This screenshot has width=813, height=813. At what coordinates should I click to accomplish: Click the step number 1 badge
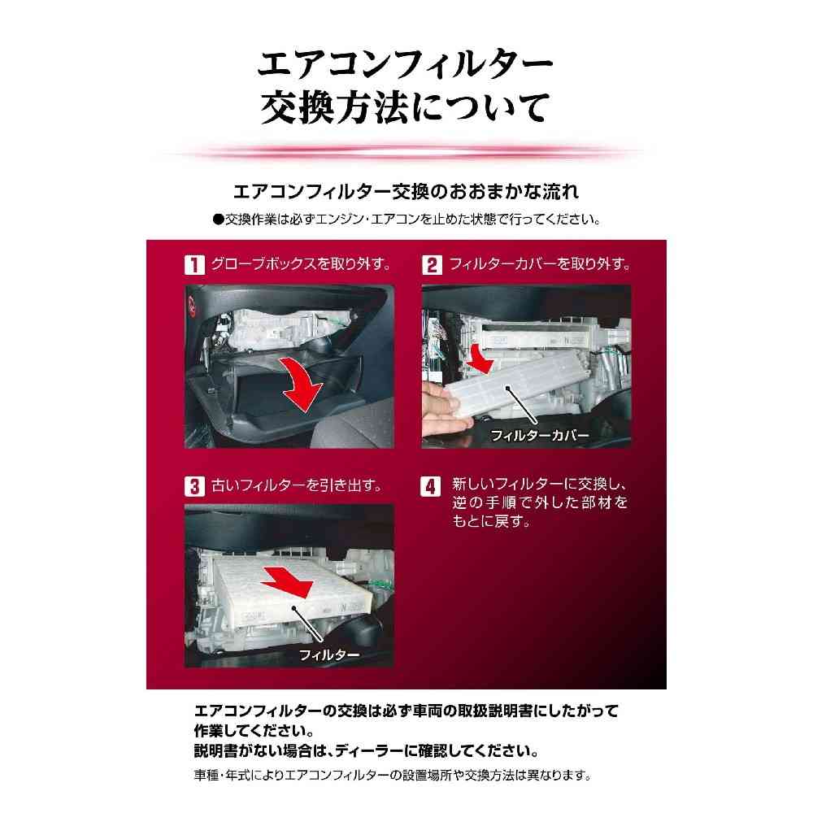click(x=194, y=265)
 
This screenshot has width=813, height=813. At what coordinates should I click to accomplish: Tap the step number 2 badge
click(x=432, y=265)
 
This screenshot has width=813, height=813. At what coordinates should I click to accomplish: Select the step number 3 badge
click(x=194, y=486)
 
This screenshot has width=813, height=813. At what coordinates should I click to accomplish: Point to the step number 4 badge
click(x=430, y=486)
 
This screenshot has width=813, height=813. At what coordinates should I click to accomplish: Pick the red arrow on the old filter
click(x=288, y=584)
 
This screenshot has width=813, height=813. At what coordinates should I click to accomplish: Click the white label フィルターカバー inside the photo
click(x=540, y=436)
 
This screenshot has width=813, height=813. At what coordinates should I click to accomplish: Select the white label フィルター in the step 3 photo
click(x=329, y=655)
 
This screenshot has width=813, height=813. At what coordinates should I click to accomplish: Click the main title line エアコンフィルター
click(x=406, y=64)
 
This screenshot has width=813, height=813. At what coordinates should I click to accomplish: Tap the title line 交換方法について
click(x=405, y=107)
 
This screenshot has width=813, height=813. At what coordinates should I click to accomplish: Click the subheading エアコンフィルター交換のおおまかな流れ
click(x=406, y=192)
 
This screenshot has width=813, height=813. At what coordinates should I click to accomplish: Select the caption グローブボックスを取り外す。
click(x=302, y=264)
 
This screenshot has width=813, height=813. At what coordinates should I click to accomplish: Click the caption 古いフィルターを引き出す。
click(x=297, y=486)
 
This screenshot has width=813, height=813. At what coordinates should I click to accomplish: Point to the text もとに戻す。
click(x=492, y=520)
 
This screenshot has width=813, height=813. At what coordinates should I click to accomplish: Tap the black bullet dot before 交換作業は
click(x=218, y=220)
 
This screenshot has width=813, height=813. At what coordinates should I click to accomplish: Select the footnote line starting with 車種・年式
click(x=393, y=776)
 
